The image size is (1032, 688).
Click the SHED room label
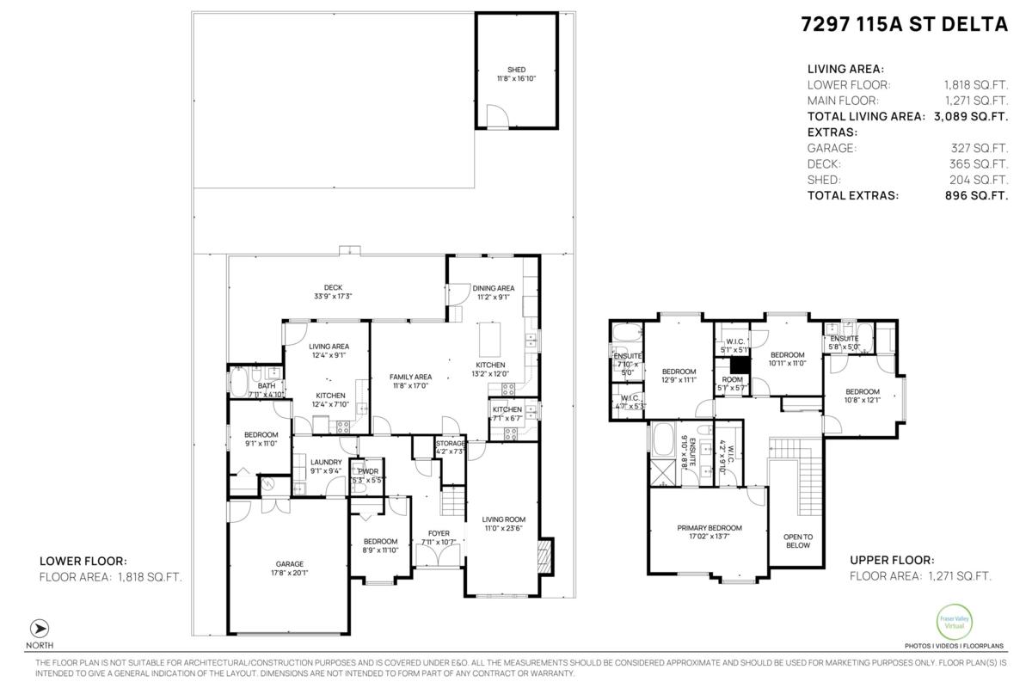[x=516, y=71]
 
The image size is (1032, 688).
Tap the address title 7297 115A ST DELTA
[x=904, y=25]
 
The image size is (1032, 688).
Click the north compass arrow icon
[x=40, y=628]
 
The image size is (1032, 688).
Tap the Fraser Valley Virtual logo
[x=954, y=622]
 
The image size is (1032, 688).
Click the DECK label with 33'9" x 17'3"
[x=333, y=288]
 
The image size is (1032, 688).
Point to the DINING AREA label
[x=493, y=288]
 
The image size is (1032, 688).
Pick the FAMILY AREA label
[x=410, y=377]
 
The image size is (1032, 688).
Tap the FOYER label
[x=438, y=533]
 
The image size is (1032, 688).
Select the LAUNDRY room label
[x=326, y=462]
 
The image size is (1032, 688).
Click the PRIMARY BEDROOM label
[x=709, y=528]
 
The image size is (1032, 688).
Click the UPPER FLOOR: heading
[x=886, y=558]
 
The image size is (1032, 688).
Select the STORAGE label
[x=450, y=443]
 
